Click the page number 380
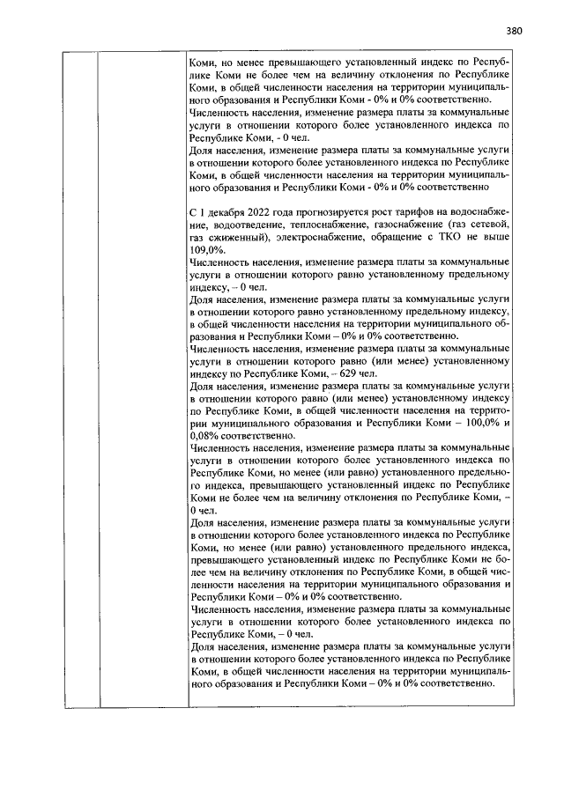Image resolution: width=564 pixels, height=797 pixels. coord(515,31)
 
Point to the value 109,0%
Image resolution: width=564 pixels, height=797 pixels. coord(208,250)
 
